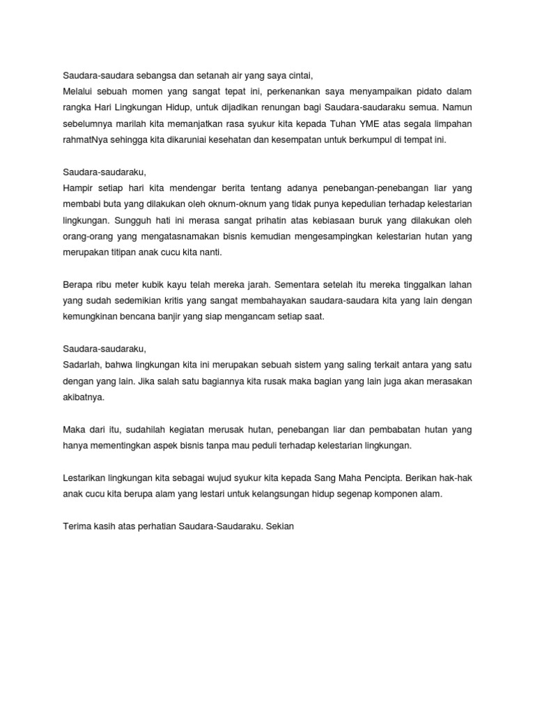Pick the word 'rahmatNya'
[85, 139]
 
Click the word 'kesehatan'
[254, 139]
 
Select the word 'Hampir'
[78, 188]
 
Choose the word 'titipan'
[134, 252]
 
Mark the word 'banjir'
[187, 316]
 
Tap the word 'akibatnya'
[83, 397]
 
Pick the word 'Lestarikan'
[85, 478]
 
